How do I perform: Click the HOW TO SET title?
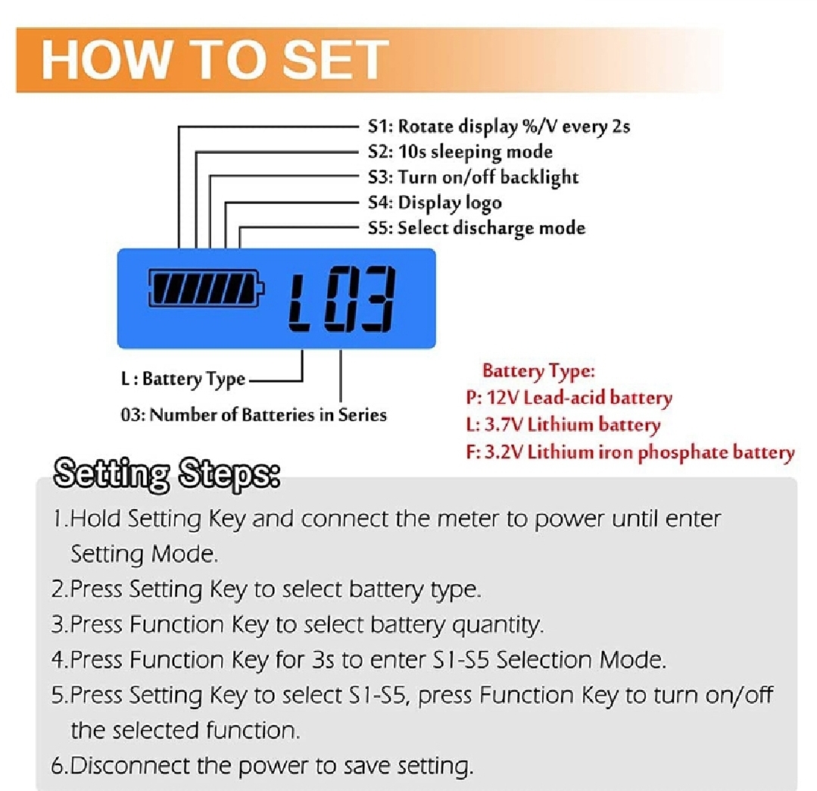[215, 60]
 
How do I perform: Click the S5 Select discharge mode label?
[476, 227]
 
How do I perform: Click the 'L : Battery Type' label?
[183, 379]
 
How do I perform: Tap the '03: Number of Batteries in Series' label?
[254, 414]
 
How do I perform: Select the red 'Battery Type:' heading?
[538, 371]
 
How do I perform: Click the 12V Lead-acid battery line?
[569, 398]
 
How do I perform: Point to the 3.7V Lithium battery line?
[563, 425]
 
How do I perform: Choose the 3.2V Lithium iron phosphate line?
[630, 452]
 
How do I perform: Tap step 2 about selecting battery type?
[266, 589]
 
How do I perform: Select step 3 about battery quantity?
[298, 624]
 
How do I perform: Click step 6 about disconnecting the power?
[262, 765]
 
